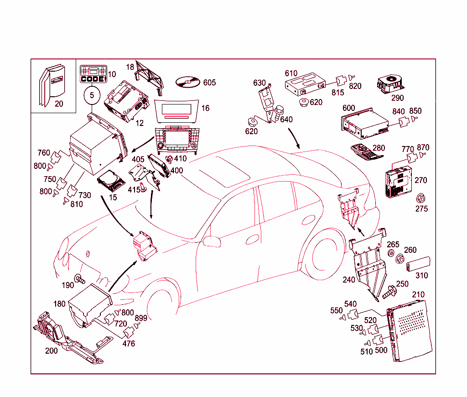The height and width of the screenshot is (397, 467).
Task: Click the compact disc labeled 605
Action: click(x=187, y=83)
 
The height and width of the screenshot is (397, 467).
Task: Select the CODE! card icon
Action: click(x=93, y=74)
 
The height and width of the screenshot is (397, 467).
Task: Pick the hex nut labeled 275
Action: click(x=420, y=198)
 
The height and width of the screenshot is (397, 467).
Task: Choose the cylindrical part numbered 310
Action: click(x=418, y=264)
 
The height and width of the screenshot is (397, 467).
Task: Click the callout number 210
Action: click(x=418, y=295)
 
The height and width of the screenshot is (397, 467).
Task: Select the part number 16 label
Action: click(x=206, y=108)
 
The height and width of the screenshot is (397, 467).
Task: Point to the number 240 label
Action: click(x=349, y=280)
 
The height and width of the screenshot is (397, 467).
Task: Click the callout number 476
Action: click(x=129, y=344)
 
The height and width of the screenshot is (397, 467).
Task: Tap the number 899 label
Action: click(x=141, y=318)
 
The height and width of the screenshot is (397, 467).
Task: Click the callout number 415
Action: click(x=134, y=189)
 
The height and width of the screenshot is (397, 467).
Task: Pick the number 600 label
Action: click(x=348, y=108)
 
